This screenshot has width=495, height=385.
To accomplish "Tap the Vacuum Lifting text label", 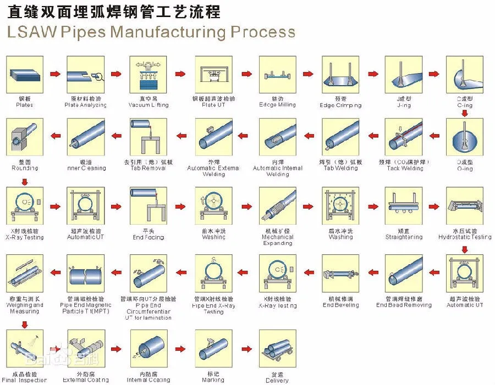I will pos(148,105).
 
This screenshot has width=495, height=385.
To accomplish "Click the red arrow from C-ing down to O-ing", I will pos(465,114).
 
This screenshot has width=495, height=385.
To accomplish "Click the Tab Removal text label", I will pos(148,168).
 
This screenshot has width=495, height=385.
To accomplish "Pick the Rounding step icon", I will pos(24,137).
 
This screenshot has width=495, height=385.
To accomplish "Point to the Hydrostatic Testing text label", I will pos(465,237).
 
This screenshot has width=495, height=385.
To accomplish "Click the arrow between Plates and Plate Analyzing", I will pos(55,74).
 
